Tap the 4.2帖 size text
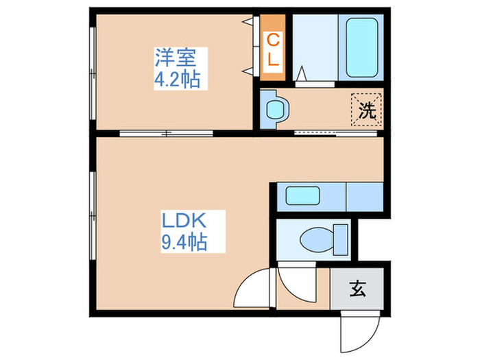177,80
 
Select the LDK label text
184,221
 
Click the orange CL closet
273,49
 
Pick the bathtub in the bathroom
361,48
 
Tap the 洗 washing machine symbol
367,110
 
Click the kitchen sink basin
301,196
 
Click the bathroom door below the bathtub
315,84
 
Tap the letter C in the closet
273,40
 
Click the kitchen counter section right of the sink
363,196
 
